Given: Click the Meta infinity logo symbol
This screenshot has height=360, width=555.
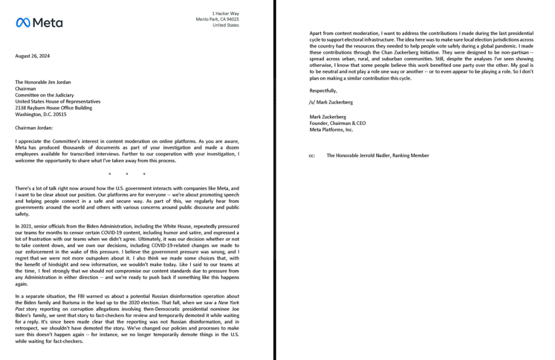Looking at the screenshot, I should [x=22, y=22].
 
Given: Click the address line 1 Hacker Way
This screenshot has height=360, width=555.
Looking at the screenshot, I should [x=225, y=14].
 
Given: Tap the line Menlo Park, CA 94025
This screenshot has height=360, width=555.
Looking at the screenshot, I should [x=217, y=20].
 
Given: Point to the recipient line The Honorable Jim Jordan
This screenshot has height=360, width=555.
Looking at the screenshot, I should [x=43, y=82].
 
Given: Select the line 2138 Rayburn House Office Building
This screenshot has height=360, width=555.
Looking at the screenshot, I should [x=54, y=108].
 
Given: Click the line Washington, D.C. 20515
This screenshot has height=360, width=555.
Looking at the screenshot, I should [x=41, y=114].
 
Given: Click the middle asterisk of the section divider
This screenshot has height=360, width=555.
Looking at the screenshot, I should [x=126, y=174].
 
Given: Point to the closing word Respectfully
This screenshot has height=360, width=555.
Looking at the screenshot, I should [x=323, y=91].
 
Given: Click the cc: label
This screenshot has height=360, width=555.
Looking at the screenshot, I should [x=312, y=156].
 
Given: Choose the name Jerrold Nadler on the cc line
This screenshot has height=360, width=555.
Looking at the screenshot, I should [x=383, y=156].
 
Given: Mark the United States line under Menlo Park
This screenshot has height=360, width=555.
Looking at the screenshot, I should [x=225, y=25].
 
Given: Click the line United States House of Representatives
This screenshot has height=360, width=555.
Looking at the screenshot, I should [x=57, y=101].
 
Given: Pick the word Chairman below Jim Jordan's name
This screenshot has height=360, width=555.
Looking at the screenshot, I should [x=25, y=88].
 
